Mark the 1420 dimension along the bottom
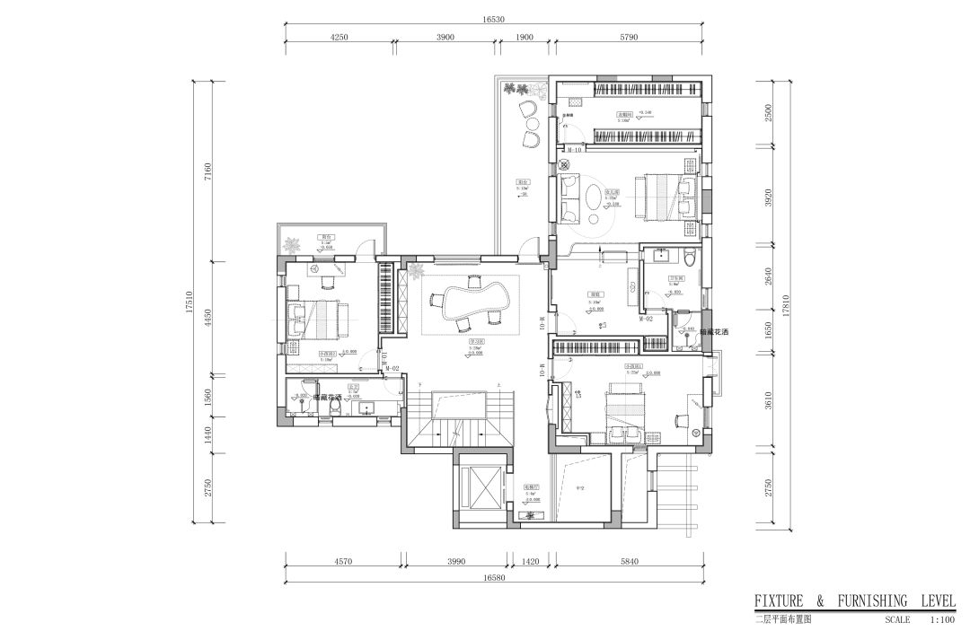tap(530, 563)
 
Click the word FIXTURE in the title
tap(780, 600)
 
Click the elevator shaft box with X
tap(481, 489)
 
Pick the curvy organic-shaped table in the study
tap(472, 297)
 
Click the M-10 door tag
tap(575, 150)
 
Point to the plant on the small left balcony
tap(293, 242)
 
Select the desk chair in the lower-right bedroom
tap(675, 420)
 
